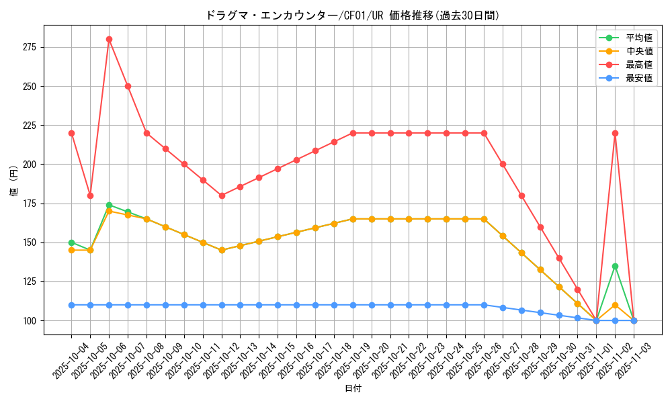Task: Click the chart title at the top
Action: click(x=352, y=15)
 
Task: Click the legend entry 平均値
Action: click(x=638, y=38)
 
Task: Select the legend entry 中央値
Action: click(x=638, y=51)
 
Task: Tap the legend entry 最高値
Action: click(x=638, y=64)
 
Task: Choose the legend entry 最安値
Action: click(x=638, y=78)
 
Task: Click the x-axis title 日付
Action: click(x=352, y=389)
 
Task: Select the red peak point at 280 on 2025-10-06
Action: click(x=109, y=39)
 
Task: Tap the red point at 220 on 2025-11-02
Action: click(x=615, y=133)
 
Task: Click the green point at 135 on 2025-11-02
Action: click(x=615, y=266)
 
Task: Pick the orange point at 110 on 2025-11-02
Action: click(x=615, y=305)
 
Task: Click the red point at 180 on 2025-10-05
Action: click(x=90, y=195)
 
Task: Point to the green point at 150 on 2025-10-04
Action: click(x=71, y=242)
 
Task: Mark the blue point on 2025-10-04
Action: click(x=71, y=305)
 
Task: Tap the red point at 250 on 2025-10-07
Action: click(x=128, y=86)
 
